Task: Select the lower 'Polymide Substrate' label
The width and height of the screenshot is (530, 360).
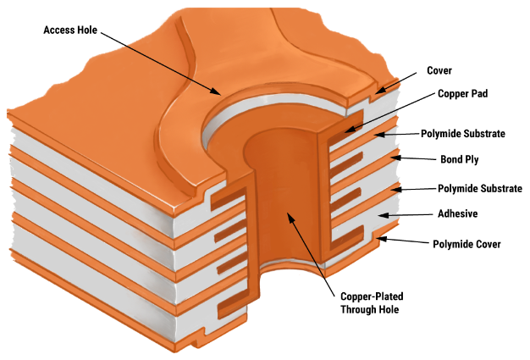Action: (x=480, y=188)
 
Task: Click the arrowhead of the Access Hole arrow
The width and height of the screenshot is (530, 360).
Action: (x=218, y=91)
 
